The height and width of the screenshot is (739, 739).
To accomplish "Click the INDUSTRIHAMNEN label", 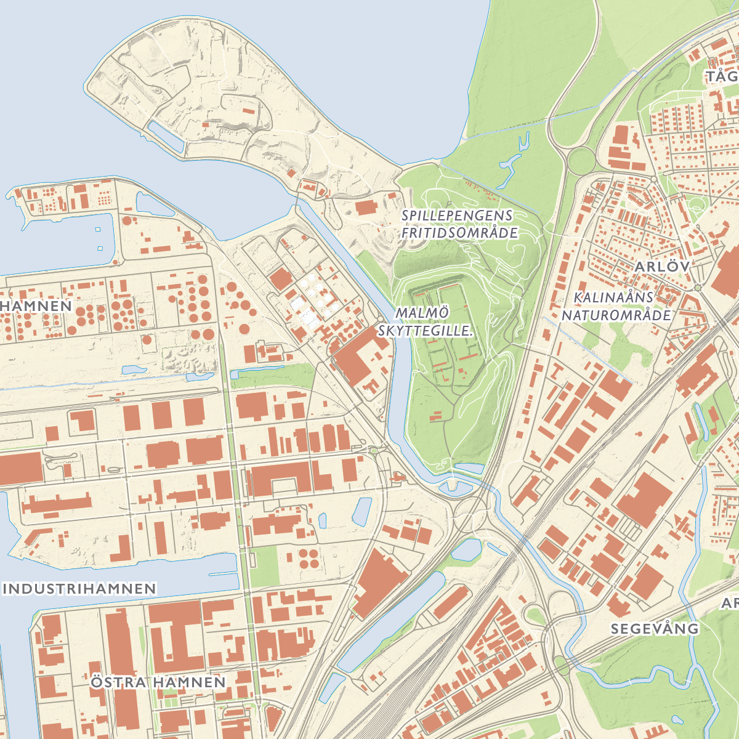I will coord(79,589).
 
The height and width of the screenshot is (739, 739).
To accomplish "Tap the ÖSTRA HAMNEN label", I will coord(158,682).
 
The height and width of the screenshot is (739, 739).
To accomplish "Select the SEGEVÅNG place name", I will coord(655,629).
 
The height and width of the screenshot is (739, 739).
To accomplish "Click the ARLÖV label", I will coord(663,267).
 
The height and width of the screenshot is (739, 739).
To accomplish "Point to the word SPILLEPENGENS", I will coord(457,216).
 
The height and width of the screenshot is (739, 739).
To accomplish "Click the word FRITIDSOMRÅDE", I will coord(459,233).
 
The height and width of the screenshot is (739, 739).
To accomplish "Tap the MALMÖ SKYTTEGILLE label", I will coord(425,321).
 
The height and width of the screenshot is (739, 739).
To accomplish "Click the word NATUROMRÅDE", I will coord(616,315).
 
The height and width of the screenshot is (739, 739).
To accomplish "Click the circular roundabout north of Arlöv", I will coord(582,161).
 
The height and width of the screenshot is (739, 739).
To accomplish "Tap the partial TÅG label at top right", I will coord(722,77).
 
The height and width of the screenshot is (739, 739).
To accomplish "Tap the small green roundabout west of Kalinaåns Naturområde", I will coord(697,288).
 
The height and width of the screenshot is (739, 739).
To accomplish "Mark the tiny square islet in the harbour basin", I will coord(98,230).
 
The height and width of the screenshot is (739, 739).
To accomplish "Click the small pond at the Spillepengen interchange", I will coord(466,548).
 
